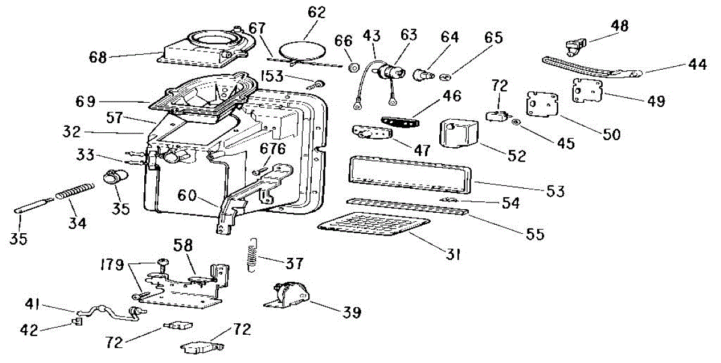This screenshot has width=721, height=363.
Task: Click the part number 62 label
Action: pyautogui.click(x=317, y=12)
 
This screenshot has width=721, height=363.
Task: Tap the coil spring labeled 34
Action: pyautogui.click(x=75, y=191)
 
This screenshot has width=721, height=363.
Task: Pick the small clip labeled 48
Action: pyautogui.click(x=576, y=46)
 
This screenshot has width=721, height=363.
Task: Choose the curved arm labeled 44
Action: pyautogui.click(x=592, y=67)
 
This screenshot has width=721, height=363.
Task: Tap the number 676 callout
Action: pyautogui.click(x=273, y=148)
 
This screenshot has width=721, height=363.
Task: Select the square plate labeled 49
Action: pyautogui.click(x=587, y=90)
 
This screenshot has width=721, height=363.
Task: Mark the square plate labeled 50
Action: pyautogui.click(x=543, y=104)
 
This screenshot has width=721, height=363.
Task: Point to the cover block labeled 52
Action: pyautogui.click(x=458, y=134)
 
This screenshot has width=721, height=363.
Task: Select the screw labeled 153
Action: pyautogui.click(x=316, y=84)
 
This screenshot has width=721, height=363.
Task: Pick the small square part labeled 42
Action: pyautogui.click(x=77, y=321)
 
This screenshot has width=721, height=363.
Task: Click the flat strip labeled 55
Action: pyautogui.click(x=407, y=206)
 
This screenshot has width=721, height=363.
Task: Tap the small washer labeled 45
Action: pyautogui.click(x=516, y=122)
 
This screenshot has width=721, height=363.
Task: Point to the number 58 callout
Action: pyautogui.click(x=183, y=245)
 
